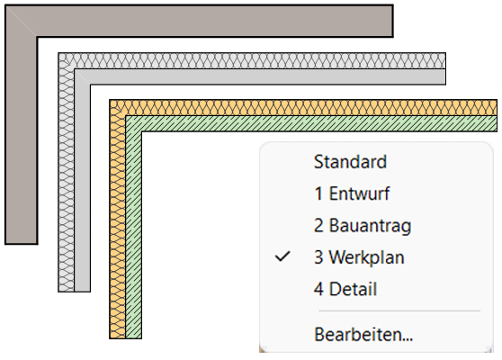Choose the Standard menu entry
click(x=350, y=161)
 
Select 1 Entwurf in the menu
click(x=352, y=193)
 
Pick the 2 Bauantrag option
click(x=363, y=226)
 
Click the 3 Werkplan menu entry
click(x=359, y=257)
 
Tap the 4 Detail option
click(x=345, y=289)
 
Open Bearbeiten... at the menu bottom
click(x=363, y=335)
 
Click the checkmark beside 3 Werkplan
click(x=282, y=256)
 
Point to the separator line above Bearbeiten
click(x=399, y=310)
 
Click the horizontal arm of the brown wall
click(x=214, y=21)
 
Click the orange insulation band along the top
click(x=309, y=108)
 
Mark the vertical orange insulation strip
click(x=117, y=224)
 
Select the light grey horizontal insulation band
click(x=256, y=60)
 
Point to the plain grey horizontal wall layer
click(x=265, y=76)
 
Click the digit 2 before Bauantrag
click(x=318, y=225)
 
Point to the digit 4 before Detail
click(x=318, y=289)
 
